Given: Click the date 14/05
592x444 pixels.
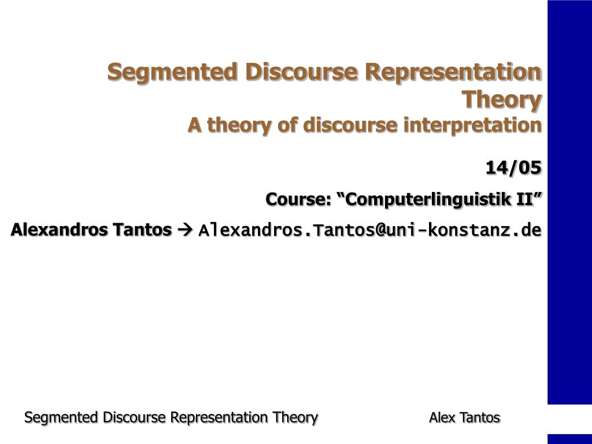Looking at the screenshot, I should [513, 168].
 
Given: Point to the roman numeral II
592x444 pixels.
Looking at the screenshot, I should [525, 199].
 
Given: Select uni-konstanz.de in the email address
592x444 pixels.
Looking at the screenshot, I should [464, 231].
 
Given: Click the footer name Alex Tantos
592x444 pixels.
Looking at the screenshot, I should [465, 417].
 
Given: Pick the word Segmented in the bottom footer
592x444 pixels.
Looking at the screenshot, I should [62, 417].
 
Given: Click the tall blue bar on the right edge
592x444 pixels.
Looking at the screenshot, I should [569, 202].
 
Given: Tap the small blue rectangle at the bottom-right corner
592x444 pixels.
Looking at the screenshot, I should [569, 439].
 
